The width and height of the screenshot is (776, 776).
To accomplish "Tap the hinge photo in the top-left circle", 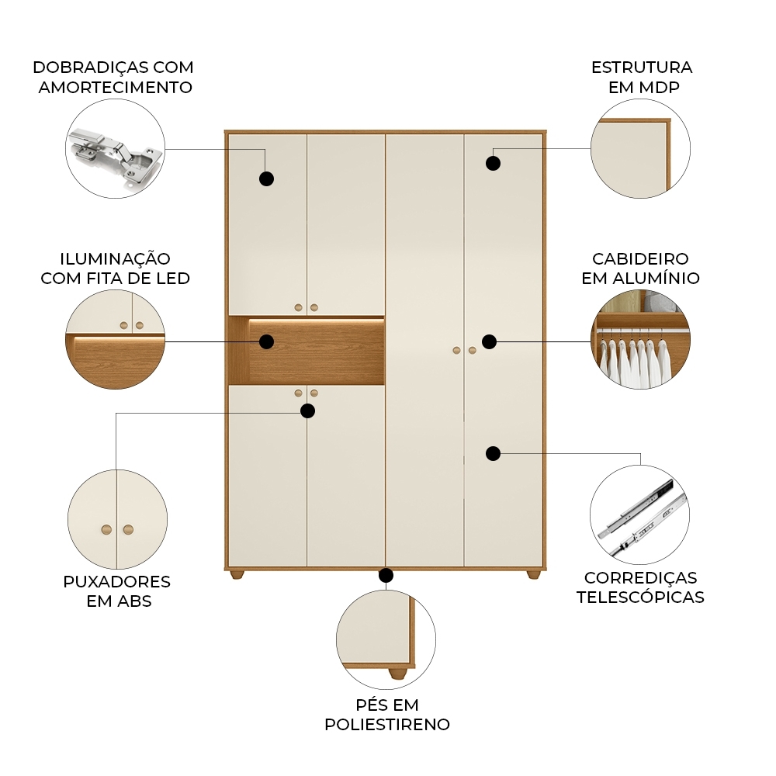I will pos(116,155).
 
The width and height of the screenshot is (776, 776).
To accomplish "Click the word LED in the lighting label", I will pos(173,279).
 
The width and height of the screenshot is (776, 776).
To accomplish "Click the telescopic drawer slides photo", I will pos(640,516).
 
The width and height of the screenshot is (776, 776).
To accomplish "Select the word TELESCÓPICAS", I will pos(640,598).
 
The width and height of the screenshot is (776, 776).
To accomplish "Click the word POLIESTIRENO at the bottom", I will pos(387,725).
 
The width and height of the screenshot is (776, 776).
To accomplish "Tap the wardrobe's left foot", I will pos(237,574).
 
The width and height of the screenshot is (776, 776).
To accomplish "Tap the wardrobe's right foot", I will pos(533,574).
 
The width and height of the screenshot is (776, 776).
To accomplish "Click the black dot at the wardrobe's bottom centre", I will pos(386,575).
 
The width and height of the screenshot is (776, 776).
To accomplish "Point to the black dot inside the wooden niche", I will pos(266,341).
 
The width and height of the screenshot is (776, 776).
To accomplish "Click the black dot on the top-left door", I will pos(266,178).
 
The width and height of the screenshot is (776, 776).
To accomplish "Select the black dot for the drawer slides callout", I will pos(493,453).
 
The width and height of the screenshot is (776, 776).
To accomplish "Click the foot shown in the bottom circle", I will pos(398,673).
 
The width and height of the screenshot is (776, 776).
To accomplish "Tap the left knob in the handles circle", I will pos(106,530).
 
